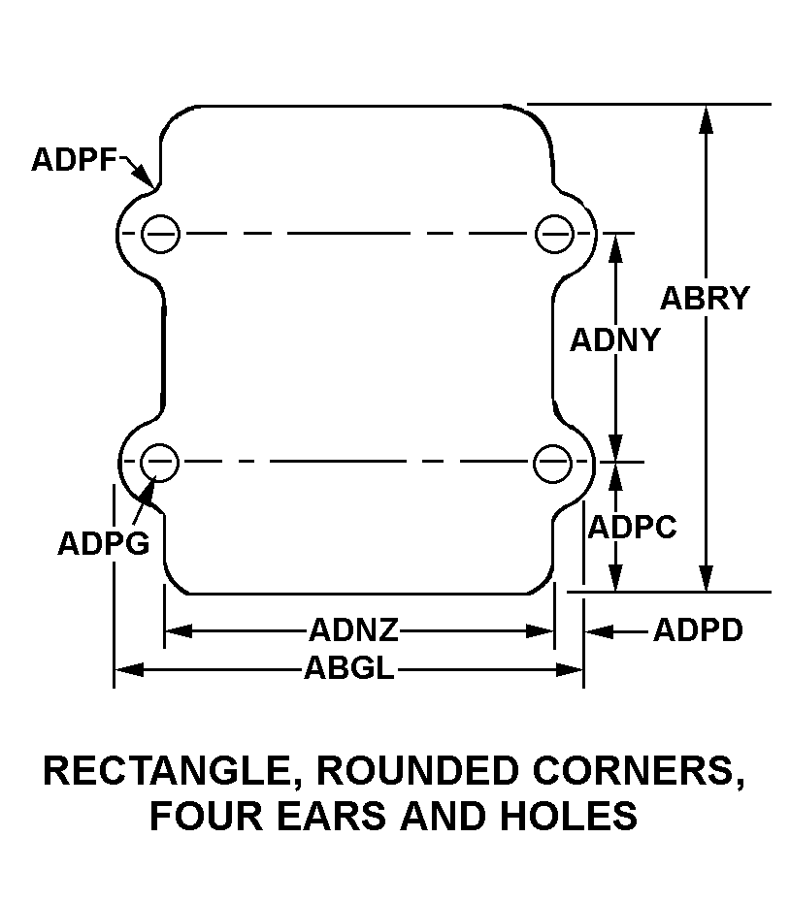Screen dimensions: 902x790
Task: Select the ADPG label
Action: click(103, 542)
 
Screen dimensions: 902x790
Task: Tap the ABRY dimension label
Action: click(705, 298)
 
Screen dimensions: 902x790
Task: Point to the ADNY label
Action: click(614, 340)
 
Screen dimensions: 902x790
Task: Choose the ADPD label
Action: click(698, 630)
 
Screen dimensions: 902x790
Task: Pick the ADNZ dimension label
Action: click(354, 630)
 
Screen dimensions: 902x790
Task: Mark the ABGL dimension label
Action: click(349, 669)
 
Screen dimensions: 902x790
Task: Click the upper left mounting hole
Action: click(160, 233)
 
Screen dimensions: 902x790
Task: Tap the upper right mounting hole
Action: click(552, 233)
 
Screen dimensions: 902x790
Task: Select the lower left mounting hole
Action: click(160, 462)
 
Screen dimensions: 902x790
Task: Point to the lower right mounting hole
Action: click(552, 462)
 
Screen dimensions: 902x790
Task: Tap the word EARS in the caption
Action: click(332, 816)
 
